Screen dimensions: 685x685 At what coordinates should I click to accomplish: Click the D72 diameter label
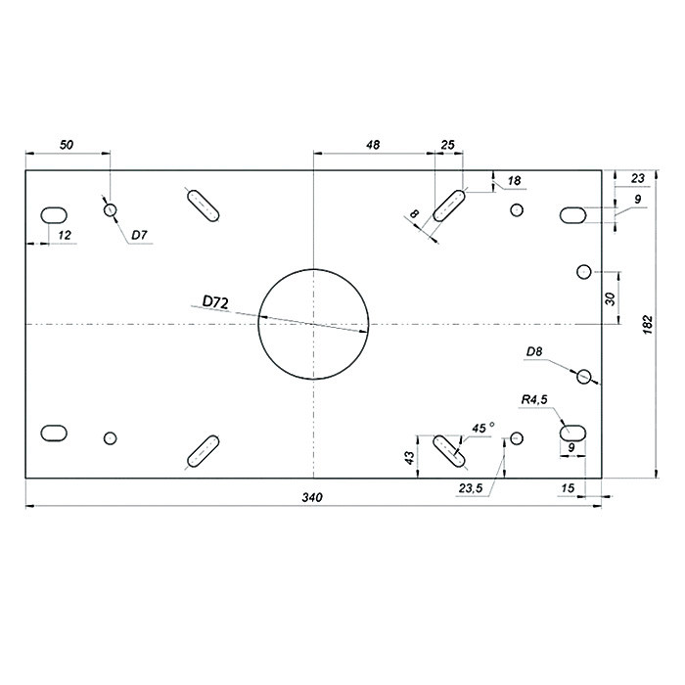click(x=215, y=301)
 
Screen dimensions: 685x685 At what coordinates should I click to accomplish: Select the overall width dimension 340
click(x=312, y=497)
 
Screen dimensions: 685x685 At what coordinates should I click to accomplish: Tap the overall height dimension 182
click(x=648, y=325)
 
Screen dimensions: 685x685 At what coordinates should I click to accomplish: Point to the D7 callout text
click(x=139, y=235)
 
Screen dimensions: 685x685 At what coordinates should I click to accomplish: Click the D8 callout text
click(x=534, y=351)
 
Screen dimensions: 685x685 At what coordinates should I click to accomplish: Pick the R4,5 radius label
click(x=534, y=399)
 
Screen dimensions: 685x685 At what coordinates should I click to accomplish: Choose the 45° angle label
click(x=483, y=428)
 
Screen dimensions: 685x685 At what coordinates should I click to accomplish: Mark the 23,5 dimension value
click(x=471, y=488)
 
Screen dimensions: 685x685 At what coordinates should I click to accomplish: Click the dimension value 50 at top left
click(x=67, y=145)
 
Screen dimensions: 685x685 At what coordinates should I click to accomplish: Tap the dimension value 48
click(x=373, y=145)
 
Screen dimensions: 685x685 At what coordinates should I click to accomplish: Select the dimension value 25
click(x=448, y=145)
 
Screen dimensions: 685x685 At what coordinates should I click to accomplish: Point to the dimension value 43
click(x=409, y=457)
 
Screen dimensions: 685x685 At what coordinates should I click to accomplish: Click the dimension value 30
click(x=611, y=298)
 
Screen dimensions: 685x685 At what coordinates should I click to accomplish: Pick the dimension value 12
click(x=65, y=235)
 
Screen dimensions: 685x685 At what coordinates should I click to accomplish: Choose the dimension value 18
click(x=515, y=180)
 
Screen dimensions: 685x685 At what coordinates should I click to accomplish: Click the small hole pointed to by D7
click(x=110, y=210)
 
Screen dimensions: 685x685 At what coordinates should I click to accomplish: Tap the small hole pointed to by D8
click(x=584, y=376)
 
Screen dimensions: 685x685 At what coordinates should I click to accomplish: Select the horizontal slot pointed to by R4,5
click(x=572, y=433)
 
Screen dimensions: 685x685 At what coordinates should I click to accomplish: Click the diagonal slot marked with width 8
click(x=448, y=205)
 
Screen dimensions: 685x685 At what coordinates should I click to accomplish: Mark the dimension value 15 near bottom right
click(x=568, y=487)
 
